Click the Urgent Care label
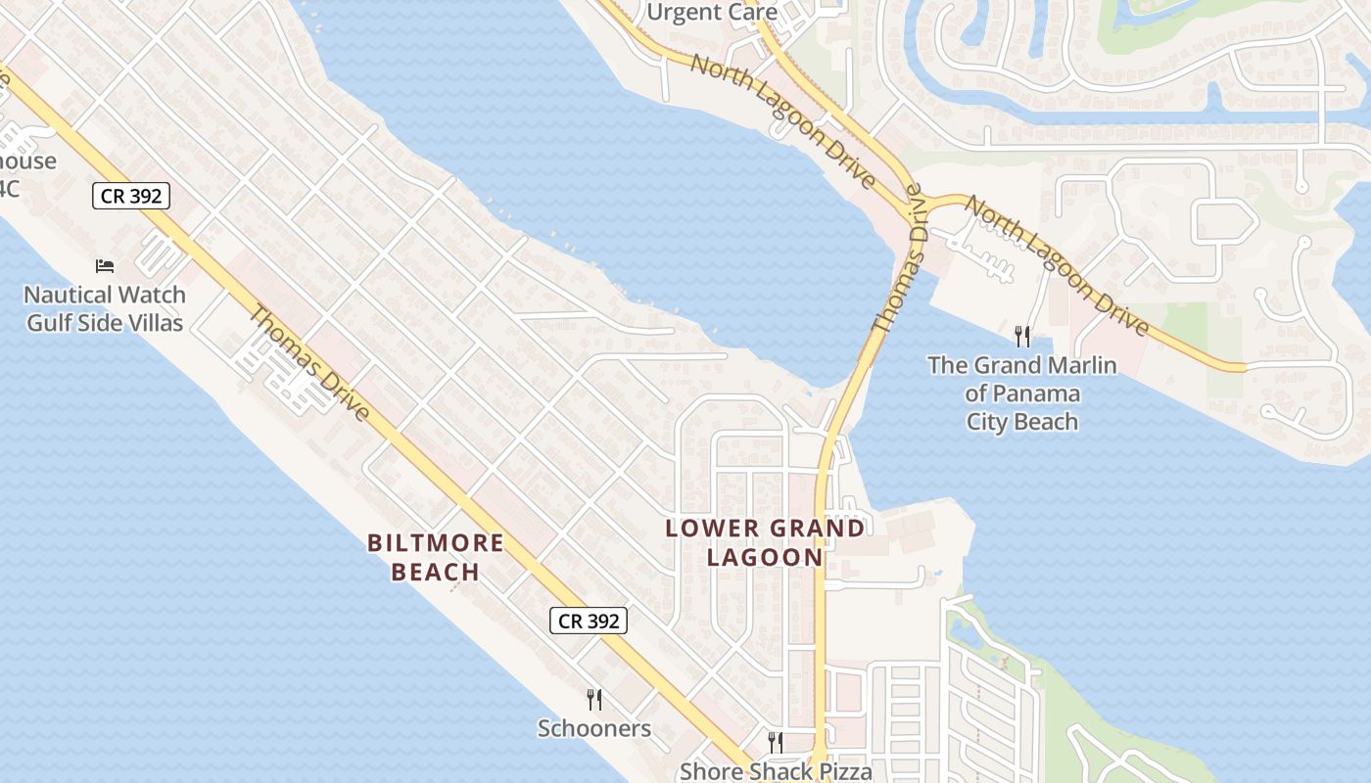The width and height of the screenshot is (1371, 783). (x=712, y=13)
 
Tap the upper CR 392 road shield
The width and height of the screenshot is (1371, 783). (x=132, y=196)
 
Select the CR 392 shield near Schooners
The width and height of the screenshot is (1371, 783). (x=588, y=620)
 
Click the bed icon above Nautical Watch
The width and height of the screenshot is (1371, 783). (x=105, y=266)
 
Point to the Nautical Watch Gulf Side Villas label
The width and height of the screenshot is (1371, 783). (x=105, y=308)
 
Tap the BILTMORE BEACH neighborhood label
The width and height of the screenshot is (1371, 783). (x=436, y=557)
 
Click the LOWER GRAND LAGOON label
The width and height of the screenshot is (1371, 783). (x=765, y=542)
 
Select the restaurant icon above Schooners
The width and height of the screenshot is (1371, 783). (x=593, y=699)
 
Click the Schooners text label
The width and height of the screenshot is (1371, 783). (x=593, y=728)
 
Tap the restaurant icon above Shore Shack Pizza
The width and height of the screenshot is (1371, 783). (x=775, y=742)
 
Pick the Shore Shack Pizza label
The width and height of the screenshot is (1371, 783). (x=776, y=770)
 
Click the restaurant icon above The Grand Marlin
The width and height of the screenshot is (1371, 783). (x=1022, y=337)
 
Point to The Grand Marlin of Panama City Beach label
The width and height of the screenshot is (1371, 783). (x=1022, y=393)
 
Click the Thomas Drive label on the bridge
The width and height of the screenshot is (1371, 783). (x=898, y=264)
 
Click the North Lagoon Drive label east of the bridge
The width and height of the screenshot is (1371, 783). (x=1058, y=264)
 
